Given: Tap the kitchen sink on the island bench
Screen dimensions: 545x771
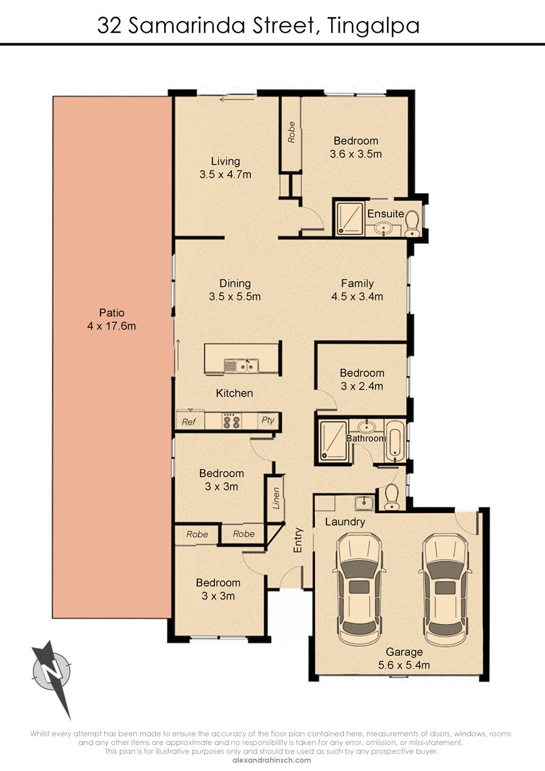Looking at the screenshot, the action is pyautogui.click(x=241, y=366).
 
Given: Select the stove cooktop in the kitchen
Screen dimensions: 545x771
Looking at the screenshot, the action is pyautogui.click(x=231, y=420).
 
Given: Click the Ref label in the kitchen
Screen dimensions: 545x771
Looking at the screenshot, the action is pyautogui.click(x=189, y=422).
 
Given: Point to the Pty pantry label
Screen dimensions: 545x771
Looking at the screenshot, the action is pyautogui.click(x=268, y=420).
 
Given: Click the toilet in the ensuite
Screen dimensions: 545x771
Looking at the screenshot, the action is pyautogui.click(x=412, y=223).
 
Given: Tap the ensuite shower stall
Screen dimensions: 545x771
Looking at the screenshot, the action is pyautogui.click(x=349, y=219).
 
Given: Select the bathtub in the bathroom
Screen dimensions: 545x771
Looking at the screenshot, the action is pyautogui.click(x=395, y=441).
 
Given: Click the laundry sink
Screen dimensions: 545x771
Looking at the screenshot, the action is pyautogui.click(x=364, y=503).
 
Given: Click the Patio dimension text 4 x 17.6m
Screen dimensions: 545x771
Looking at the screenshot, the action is pyautogui.click(x=111, y=326).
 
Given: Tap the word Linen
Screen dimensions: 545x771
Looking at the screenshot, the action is pyautogui.click(x=276, y=498).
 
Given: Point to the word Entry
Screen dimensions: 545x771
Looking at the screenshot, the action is pyautogui.click(x=297, y=540).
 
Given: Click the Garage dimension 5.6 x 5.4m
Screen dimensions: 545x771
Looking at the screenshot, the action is pyautogui.click(x=404, y=665).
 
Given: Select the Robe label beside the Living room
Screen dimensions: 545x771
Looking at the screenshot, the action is pyautogui.click(x=291, y=132).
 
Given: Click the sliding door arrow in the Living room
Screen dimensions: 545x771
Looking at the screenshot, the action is pyautogui.click(x=236, y=100).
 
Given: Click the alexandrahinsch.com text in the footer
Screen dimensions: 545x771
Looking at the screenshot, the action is pyautogui.click(x=272, y=760).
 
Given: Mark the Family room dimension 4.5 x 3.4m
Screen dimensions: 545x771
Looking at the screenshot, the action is pyautogui.click(x=357, y=296).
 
